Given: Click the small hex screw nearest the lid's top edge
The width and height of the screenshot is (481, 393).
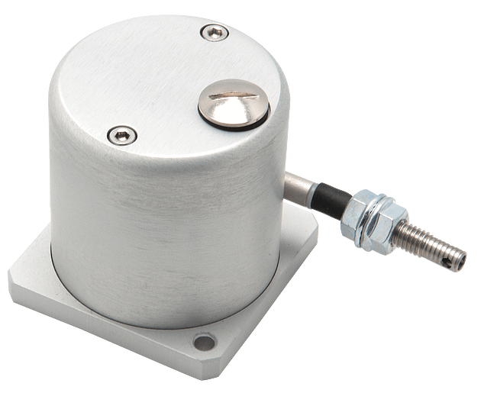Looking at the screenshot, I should point(215,32).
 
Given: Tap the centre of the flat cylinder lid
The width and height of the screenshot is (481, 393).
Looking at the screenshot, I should point(176,84).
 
